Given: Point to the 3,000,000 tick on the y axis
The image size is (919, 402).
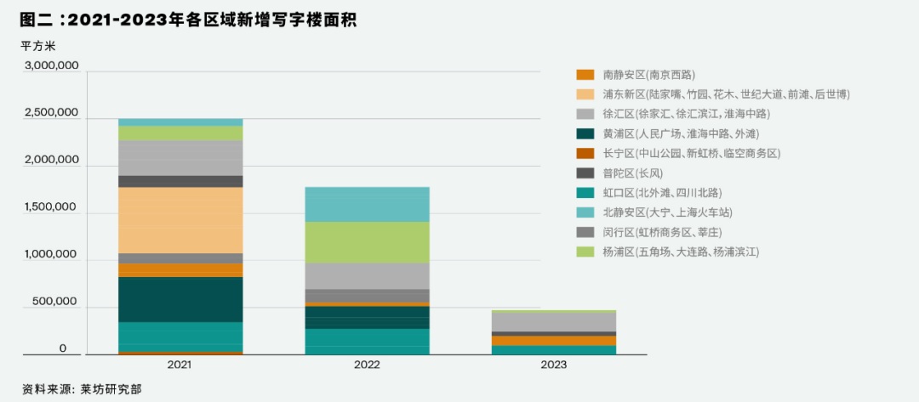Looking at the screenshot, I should point(52,65).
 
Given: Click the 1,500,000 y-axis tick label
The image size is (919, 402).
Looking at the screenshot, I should point(52,207).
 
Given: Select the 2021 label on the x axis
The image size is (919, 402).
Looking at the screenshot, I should point(180,365).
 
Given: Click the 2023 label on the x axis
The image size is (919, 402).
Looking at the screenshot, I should point(553,365).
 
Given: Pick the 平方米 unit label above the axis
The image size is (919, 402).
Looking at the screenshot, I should point(38,45).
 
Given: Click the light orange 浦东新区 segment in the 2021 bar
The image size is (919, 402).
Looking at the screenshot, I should point(180,219).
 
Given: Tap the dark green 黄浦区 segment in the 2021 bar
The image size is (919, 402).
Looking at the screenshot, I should point(180,299).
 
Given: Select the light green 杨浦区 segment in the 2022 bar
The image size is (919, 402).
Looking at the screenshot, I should point(367,241).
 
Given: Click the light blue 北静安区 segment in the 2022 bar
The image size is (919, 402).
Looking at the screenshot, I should point(367,204).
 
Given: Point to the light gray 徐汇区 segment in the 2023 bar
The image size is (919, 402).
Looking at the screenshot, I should point(553,321).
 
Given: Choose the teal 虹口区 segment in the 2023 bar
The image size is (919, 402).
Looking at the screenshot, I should point(553,349).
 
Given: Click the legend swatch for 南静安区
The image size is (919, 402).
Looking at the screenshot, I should point(585,75).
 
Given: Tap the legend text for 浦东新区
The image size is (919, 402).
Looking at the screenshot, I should point(726,94).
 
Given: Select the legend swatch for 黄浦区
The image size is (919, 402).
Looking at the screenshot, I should point(585,133).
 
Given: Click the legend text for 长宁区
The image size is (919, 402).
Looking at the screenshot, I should point(691,153).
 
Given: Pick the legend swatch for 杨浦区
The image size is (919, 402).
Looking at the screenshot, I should point(585,252).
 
